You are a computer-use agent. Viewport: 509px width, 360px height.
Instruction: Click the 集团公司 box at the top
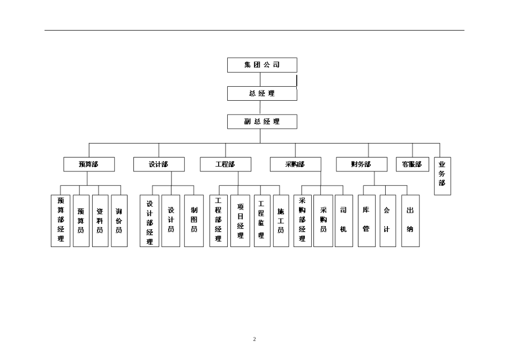point(262,65)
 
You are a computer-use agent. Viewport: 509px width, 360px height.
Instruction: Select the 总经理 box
point(262,93)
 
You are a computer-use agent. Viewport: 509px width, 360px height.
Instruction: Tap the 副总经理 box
point(262,122)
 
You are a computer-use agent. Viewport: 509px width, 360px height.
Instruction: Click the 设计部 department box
point(159,164)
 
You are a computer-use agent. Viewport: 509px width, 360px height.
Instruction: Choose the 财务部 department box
point(361,164)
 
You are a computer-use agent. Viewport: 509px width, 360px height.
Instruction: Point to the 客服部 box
point(412,164)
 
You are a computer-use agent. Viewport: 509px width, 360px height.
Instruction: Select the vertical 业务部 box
point(442,176)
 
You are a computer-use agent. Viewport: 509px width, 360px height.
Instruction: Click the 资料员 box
point(100,221)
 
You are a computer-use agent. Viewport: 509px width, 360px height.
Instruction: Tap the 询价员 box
point(119,221)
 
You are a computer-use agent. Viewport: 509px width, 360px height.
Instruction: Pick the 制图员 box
point(194,221)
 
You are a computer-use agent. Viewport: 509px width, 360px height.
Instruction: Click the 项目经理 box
point(240,221)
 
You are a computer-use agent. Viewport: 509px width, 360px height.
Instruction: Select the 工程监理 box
point(261,221)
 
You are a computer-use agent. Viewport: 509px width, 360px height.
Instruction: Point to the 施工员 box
point(281,221)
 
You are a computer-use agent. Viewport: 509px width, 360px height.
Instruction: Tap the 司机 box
point(343,221)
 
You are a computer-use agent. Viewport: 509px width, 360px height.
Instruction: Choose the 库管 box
point(366,221)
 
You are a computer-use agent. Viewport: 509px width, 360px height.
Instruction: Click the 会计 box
point(387,221)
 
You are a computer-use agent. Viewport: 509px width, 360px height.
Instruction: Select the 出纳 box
point(410,221)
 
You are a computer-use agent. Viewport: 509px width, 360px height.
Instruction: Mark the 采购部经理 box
point(302,221)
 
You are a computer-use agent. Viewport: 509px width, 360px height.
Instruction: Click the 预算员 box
point(81,221)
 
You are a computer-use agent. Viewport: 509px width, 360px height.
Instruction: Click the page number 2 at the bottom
point(254,339)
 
